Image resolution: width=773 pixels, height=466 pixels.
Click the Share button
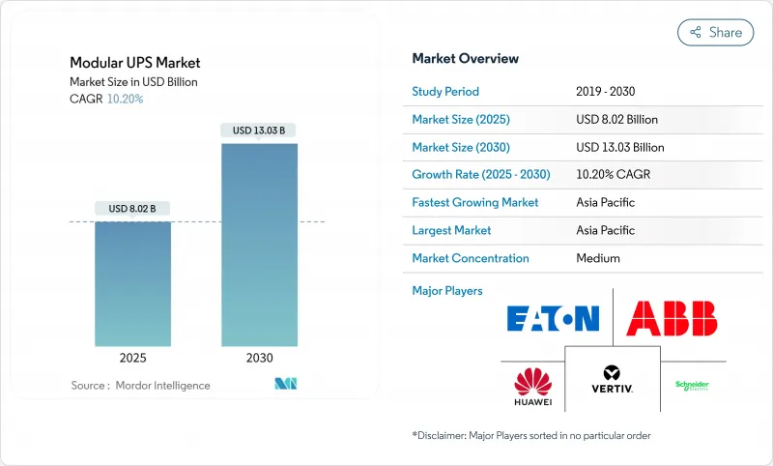pos(715,32)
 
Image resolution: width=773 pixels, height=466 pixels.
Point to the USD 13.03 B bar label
pos(259,130)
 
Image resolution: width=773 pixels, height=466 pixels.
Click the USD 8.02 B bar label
pos(132,208)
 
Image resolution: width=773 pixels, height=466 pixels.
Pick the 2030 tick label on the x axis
pos(259,358)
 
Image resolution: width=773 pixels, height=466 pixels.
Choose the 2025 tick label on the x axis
pos(132,358)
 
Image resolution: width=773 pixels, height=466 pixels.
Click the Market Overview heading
pos(466,58)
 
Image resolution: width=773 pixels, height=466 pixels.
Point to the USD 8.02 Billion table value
pos(616,120)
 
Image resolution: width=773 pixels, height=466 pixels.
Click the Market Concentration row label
pos(471,258)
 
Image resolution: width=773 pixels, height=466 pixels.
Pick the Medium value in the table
pos(597,258)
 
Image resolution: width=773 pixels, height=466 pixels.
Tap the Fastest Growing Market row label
pos(475,203)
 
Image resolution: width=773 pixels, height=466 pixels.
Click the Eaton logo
pos(554,318)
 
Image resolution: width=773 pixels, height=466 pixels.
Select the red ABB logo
pos(672,318)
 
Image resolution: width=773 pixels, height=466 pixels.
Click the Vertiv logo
pos(611,379)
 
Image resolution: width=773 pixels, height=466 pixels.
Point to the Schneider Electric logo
pos(692,385)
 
